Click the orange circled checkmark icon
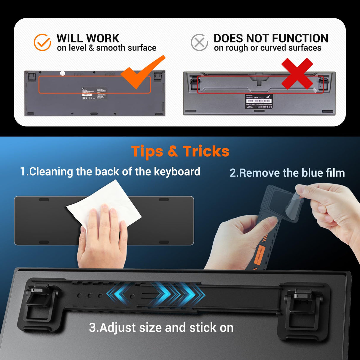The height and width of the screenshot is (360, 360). pyautogui.click(x=42, y=42)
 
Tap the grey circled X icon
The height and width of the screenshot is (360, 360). pyautogui.click(x=199, y=42)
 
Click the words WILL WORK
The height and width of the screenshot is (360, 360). pyautogui.click(x=88, y=38)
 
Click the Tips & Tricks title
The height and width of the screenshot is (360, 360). pyautogui.click(x=180, y=151)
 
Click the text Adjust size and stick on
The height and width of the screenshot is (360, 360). pyautogui.click(x=161, y=328)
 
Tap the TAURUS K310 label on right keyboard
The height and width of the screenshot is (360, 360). pyautogui.click(x=259, y=101)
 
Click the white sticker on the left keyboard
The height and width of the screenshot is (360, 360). pyautogui.click(x=94, y=93)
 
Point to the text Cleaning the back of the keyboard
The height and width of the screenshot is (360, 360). pyautogui.click(x=110, y=172)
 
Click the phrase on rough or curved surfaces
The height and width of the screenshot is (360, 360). pyautogui.click(x=267, y=48)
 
